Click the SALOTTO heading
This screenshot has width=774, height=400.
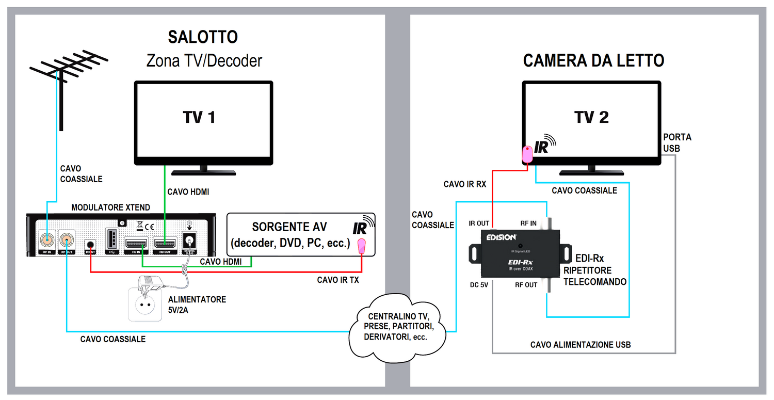pyautogui.click(x=203, y=37)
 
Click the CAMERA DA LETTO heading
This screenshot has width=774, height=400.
pyautogui.click(x=593, y=60)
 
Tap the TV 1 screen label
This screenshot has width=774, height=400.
pyautogui.click(x=199, y=118)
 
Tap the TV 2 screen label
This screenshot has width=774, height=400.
pyautogui.click(x=591, y=118)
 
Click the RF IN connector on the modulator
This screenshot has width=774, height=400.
pyautogui.click(x=46, y=241)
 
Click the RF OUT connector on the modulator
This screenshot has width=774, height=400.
pyautogui.click(x=67, y=241)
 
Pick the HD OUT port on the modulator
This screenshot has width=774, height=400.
pyautogui.click(x=164, y=242)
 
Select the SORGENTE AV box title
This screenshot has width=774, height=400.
pyautogui.click(x=289, y=227)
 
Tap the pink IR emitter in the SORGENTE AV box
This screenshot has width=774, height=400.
pyautogui.click(x=362, y=246)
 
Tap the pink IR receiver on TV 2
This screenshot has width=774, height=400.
pyautogui.click(x=528, y=154)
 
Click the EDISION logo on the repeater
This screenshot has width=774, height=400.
pyautogui.click(x=501, y=237)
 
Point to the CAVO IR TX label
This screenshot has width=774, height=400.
pyautogui.click(x=337, y=280)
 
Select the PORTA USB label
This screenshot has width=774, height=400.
pyautogui.click(x=676, y=142)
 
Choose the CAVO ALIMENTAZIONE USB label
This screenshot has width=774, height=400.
pyautogui.click(x=580, y=344)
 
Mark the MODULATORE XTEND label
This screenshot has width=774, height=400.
pyautogui.click(x=110, y=207)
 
